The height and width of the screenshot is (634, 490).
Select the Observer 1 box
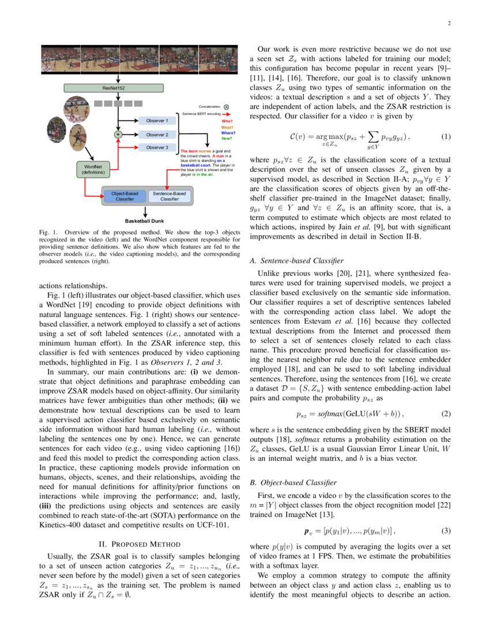pyautogui.click(x=157, y=121)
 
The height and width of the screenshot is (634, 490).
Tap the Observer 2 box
pyautogui.click(x=157, y=134)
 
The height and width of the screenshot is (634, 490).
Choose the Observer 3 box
pyautogui.click(x=157, y=148)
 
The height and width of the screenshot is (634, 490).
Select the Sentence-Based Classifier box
pyautogui.click(x=169, y=196)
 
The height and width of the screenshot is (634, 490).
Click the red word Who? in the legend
pyautogui.click(x=227, y=121)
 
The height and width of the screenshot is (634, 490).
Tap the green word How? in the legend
pyautogui.click(x=227, y=138)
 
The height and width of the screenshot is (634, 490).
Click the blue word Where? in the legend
pyautogui.click(x=228, y=133)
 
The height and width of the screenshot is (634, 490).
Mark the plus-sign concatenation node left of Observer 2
pyautogui.click(x=118, y=134)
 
